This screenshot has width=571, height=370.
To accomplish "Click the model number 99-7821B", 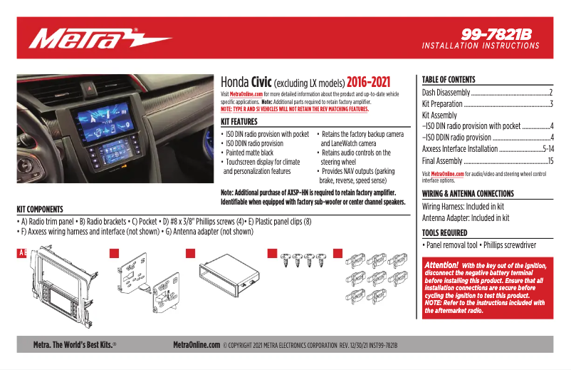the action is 496,35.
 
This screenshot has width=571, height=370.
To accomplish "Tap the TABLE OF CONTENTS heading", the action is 449,79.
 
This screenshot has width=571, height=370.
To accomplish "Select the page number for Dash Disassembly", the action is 551,93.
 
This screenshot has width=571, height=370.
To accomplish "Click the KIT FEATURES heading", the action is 239,122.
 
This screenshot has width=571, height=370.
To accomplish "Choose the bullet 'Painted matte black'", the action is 249,153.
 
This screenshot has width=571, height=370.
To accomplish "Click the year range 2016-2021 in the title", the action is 368,82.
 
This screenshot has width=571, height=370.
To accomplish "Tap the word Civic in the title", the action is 261,82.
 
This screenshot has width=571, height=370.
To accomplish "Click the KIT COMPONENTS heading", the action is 40,210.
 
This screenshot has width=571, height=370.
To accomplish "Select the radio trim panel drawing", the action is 63,285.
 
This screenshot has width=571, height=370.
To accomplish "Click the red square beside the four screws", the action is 272,253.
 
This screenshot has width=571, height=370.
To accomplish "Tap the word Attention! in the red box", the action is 441,265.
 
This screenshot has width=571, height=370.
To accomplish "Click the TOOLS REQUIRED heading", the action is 444,233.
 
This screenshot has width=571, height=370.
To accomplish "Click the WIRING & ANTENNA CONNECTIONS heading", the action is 468,194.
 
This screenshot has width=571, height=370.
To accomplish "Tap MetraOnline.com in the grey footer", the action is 197,344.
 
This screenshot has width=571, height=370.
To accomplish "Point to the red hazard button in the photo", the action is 90,88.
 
